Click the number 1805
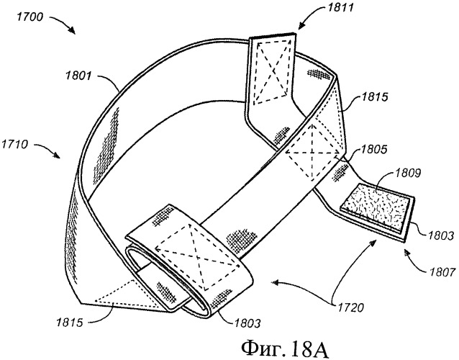pos(375,151)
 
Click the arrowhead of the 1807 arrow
pos(405,251)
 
